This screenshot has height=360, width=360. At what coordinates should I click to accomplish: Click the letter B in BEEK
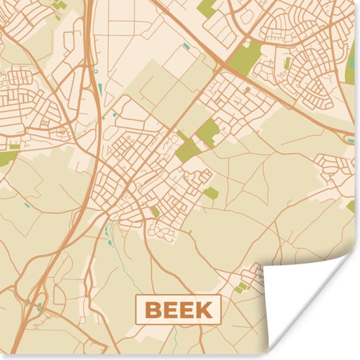(152, 310)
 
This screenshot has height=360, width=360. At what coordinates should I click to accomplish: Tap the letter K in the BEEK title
(204, 310)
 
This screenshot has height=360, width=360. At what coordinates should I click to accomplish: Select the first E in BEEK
(169, 310)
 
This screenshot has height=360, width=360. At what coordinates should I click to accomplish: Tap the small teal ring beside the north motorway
(96, 71)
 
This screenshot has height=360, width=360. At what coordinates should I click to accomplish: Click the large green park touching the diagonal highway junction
(244, 58)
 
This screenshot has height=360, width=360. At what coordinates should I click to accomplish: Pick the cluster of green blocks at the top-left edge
(59, 5)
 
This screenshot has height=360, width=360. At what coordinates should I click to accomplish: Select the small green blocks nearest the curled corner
(243, 286)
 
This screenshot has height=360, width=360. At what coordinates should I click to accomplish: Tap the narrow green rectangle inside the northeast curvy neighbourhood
(287, 63)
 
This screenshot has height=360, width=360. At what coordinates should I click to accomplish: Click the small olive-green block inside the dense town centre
(156, 211)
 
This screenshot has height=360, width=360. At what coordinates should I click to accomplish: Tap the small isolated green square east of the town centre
(211, 192)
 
